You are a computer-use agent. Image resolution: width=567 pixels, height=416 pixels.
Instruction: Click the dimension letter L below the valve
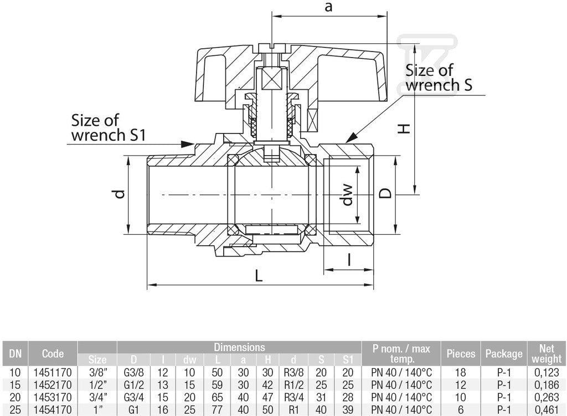click(x=259, y=276)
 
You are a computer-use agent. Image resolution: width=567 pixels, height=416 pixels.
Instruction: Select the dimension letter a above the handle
click(x=328, y=7)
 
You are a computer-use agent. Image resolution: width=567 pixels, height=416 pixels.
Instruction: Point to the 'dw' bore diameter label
click(x=347, y=194)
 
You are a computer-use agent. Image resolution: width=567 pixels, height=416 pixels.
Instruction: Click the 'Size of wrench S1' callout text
click(x=108, y=128)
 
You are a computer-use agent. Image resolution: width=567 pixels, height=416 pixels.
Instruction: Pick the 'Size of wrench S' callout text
click(x=439, y=78)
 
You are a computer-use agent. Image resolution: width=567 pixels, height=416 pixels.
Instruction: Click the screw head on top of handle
click(x=272, y=48)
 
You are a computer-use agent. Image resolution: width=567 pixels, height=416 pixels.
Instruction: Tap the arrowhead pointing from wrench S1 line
click(x=188, y=144)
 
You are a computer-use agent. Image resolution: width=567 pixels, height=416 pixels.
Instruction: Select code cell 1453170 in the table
click(x=53, y=397)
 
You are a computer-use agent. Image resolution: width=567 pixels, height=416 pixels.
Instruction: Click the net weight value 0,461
click(x=547, y=410)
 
